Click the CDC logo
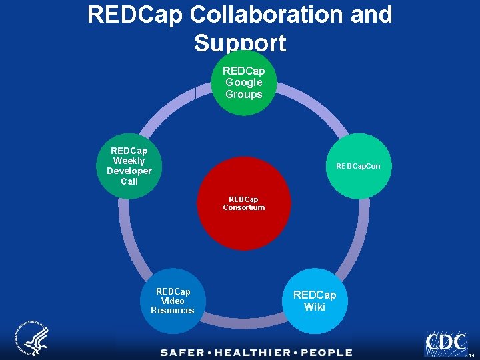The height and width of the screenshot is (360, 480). point(446,343)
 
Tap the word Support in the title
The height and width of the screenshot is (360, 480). point(240,43)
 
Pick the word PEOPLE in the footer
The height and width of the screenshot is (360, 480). point(326,352)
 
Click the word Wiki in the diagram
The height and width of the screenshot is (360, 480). point(315,307)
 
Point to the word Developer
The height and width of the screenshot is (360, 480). point(129,171)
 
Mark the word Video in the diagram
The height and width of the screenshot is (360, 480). point(173,301)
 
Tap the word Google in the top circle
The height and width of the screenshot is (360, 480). point(243,82)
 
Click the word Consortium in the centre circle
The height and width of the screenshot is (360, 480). point(244,207)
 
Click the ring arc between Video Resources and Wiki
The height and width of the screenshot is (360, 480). point(243,324)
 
